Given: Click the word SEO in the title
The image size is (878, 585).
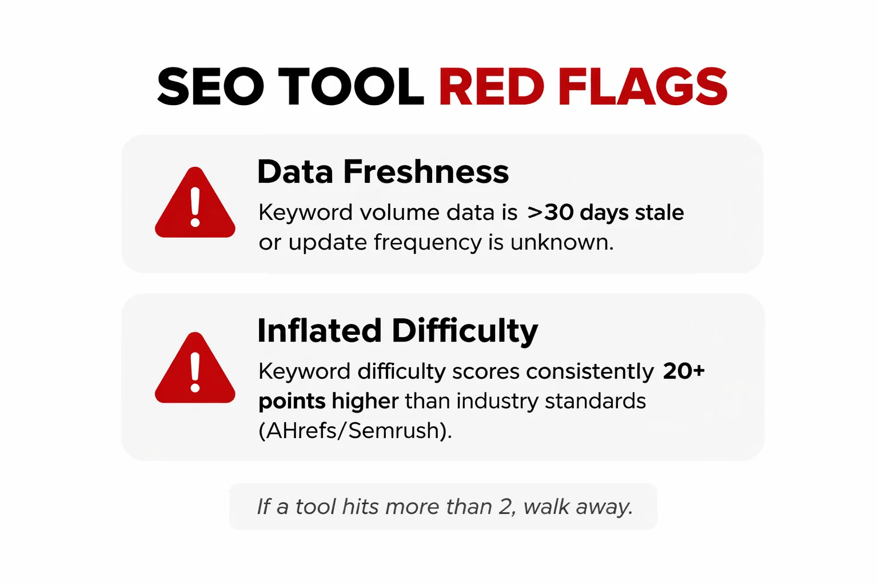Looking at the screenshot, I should [x=210, y=87].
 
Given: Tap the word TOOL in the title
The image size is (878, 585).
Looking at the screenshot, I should [x=351, y=87].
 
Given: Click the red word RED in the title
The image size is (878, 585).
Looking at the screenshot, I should [x=492, y=87].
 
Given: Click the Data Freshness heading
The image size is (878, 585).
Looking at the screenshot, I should [x=382, y=171].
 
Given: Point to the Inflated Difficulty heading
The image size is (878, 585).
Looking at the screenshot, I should [x=397, y=331].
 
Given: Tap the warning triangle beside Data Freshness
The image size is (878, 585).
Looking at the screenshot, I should [x=195, y=204].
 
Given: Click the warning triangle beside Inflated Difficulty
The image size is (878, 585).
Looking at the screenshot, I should [x=195, y=369].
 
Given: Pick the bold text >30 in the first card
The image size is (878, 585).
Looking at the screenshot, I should [x=550, y=213].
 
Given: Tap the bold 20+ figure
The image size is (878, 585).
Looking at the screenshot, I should [x=684, y=371].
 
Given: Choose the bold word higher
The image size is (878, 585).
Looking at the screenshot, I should [x=365, y=401].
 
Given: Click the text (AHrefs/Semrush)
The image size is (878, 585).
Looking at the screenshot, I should [x=355, y=431].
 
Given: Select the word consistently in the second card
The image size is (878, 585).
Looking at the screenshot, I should [x=589, y=372].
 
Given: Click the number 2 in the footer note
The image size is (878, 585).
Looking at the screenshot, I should [x=505, y=507].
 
